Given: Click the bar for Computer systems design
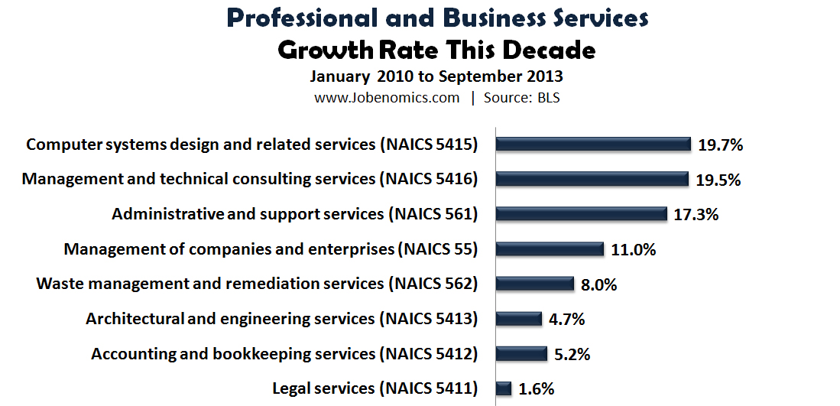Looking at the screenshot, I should click(593, 144).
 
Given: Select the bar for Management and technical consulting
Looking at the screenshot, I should click(592, 179).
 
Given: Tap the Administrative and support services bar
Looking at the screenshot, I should click(582, 214).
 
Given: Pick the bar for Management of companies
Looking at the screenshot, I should click(550, 249).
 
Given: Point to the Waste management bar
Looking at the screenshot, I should click(535, 284).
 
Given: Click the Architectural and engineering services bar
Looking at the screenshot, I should click(519, 319).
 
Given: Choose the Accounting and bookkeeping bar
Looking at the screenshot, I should click(521, 354).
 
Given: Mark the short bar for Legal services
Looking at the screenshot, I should click(504, 388).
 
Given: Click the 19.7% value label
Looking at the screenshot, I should click(719, 145).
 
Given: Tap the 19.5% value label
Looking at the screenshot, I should click(718, 180).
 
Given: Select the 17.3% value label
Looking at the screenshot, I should click(696, 215).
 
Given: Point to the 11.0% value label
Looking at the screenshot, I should click(633, 250).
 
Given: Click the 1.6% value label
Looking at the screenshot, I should click(536, 389).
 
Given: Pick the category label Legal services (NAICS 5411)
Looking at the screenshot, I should click(375, 388).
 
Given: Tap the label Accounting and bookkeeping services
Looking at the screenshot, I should click(233, 354).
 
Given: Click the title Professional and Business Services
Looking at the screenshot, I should click(438, 18).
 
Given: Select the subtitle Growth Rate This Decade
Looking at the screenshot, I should click(436, 50).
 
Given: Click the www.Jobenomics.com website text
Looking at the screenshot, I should click(387, 98).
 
